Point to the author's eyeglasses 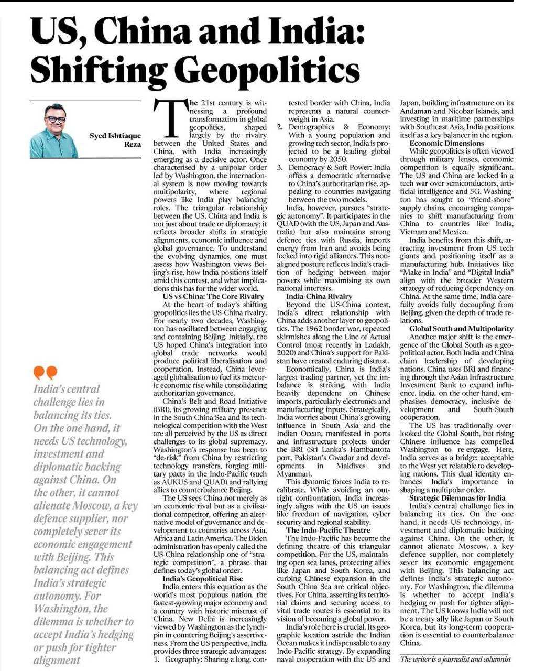pyautogui.click(x=55, y=119)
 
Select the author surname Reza pyautogui.click(x=132, y=144)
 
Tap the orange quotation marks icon pyautogui.click(x=45, y=373)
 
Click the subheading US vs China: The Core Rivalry pyautogui.click(x=210, y=297)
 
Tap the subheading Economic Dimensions pyautogui.click(x=446, y=143)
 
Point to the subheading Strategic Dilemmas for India pyautogui.click(x=457, y=498)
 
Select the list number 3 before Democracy pyautogui.click(x=280, y=167)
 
